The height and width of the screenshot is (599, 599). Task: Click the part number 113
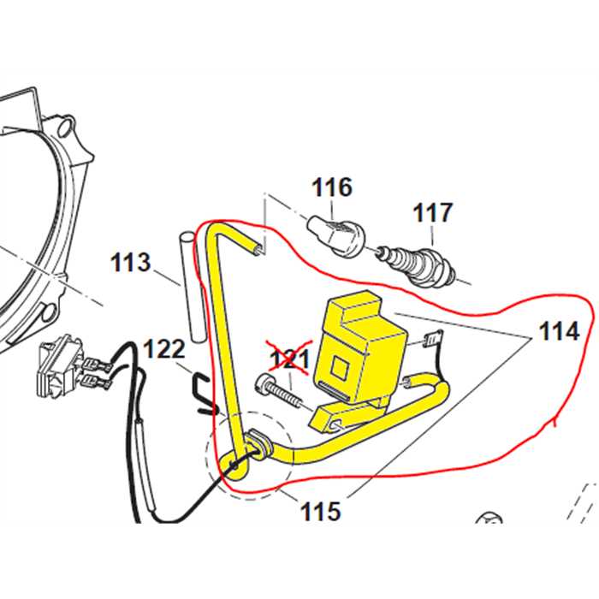pos(130,263)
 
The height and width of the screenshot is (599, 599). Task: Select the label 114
pos(559,330)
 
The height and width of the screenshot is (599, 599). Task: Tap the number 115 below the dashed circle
pos(320,512)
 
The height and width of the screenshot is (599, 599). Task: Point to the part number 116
pos(331,187)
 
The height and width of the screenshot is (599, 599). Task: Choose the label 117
pos(434,211)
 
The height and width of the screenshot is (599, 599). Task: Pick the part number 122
pos(163,349)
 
